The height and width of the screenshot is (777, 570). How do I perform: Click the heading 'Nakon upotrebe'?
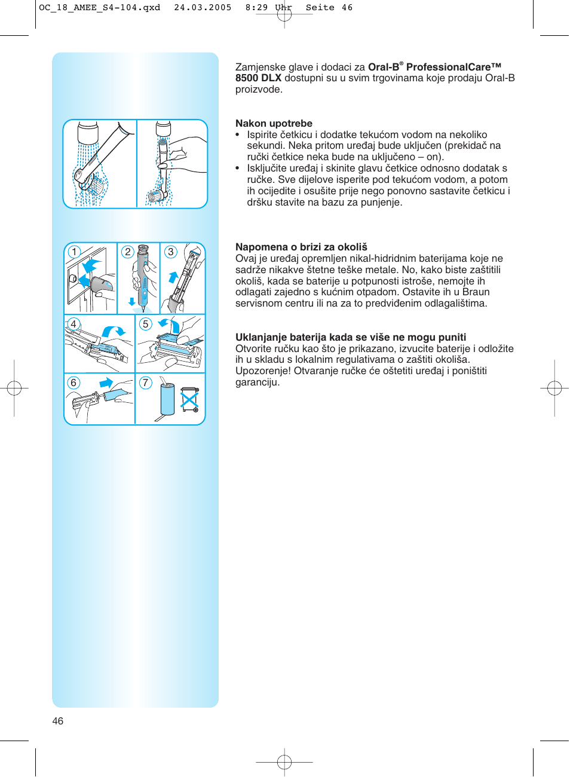click(274, 124)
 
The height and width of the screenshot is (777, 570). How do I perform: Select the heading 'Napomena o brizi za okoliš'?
click(301, 247)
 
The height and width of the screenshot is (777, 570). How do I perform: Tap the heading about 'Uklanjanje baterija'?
click(350, 337)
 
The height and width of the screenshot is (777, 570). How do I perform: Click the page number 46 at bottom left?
click(58, 721)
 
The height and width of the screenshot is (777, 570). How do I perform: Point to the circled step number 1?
click(74, 252)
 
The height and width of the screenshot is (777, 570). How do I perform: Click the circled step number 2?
click(127, 252)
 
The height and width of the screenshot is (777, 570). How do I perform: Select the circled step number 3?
click(171, 252)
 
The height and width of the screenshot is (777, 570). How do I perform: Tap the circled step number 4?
click(73, 324)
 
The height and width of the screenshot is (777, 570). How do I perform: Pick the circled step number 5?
click(145, 324)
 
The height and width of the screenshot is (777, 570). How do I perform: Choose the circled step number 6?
click(73, 383)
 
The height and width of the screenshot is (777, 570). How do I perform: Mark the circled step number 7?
click(145, 383)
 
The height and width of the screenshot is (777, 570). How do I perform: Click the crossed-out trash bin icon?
click(189, 399)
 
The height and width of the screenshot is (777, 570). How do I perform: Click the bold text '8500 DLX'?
click(258, 78)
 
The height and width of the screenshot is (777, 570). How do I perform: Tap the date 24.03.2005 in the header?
click(203, 8)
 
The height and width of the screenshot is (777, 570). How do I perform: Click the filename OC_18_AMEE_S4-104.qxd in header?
click(99, 8)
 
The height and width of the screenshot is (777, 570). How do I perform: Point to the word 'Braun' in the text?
click(476, 292)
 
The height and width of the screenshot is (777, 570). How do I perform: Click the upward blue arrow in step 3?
click(173, 277)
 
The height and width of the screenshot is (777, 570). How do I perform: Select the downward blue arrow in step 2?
click(132, 302)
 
